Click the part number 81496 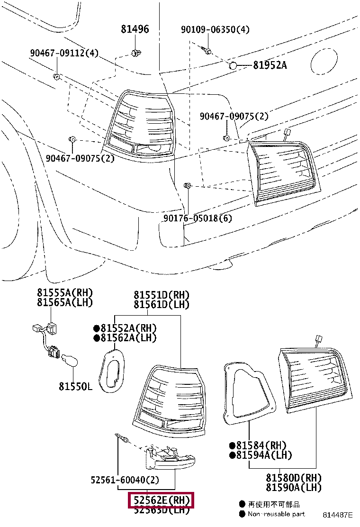134,29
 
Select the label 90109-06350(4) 215,29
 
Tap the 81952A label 270,65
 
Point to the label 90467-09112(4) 64,53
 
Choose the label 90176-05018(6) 198,218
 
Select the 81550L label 75,387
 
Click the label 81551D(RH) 161,295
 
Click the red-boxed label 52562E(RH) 161,500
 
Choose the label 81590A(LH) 293,487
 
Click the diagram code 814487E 338,515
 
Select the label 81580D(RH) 293,478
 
